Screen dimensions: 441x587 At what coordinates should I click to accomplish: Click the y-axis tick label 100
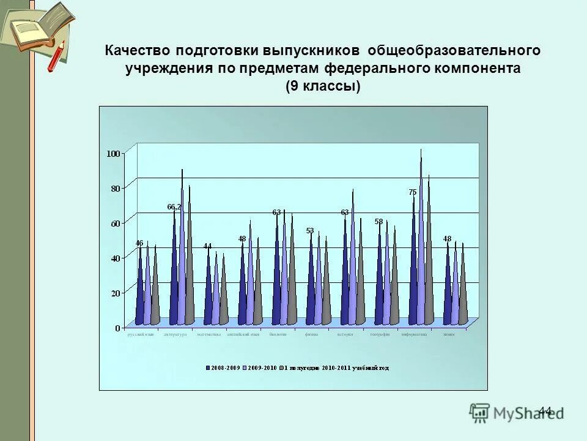114,153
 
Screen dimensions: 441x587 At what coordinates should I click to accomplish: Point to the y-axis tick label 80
116,188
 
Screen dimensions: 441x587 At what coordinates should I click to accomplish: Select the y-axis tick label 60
116,223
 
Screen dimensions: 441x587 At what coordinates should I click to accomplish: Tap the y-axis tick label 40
116,258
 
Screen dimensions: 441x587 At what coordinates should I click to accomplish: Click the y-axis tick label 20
116,293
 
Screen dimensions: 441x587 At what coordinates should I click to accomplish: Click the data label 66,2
174,207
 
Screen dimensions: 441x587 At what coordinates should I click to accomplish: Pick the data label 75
413,192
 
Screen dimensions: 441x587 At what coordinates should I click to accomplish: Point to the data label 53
310,231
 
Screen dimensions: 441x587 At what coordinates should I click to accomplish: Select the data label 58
378,221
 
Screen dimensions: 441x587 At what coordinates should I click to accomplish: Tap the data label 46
139,243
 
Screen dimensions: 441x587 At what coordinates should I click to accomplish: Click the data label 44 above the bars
208,246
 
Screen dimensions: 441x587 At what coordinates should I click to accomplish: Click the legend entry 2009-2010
262,368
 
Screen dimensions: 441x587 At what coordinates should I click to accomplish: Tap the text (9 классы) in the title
323,86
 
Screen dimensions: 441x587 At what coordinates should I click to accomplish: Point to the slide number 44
545,410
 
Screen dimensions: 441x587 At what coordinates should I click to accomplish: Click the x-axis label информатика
414,335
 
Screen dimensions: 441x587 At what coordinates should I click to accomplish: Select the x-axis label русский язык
141,335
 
